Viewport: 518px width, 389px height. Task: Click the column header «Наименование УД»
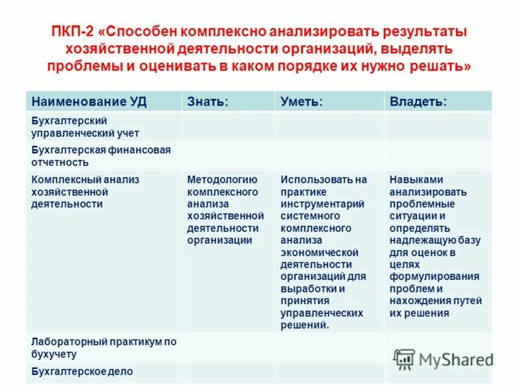[x=89, y=101]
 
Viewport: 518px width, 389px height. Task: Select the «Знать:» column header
[x=207, y=101]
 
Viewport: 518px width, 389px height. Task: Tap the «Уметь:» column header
[x=301, y=101]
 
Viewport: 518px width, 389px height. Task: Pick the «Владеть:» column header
[x=418, y=101]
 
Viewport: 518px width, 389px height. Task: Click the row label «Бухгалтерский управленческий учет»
[x=85, y=127]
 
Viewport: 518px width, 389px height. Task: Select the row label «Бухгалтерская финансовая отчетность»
[x=101, y=156]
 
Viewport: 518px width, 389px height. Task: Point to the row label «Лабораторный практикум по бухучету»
[x=104, y=348]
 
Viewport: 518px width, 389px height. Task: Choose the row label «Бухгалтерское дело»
[x=82, y=372]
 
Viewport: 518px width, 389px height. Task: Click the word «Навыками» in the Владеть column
[x=416, y=180]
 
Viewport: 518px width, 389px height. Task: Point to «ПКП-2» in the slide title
[x=74, y=32]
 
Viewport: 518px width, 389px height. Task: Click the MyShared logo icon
[x=404, y=359]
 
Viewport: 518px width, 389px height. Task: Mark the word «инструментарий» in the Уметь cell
[x=322, y=204]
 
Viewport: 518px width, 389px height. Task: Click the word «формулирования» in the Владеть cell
[x=434, y=277]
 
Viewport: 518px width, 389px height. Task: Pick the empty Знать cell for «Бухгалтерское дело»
[x=228, y=372]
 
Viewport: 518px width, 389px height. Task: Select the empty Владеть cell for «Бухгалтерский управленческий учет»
[x=438, y=127]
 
